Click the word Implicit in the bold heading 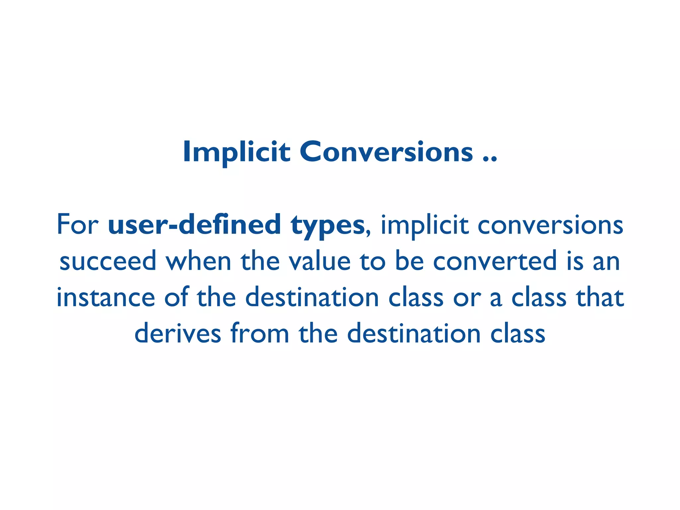point(236,152)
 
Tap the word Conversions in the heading point(386,152)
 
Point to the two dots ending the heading point(490,159)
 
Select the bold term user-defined point(195,224)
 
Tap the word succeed point(108,261)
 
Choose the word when point(198,261)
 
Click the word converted point(495,261)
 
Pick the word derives point(178,333)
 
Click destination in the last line point(414,333)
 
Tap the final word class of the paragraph point(518,333)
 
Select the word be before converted point(409,261)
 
